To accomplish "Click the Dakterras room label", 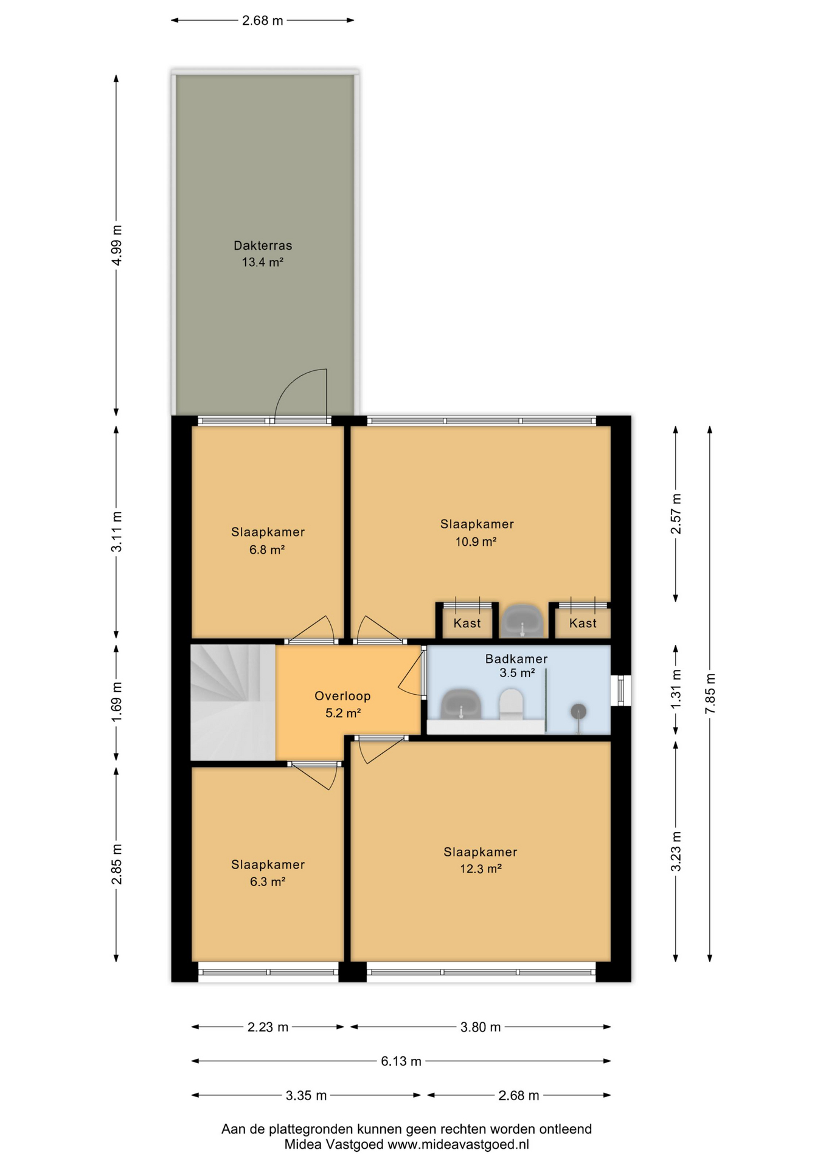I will [x=263, y=246].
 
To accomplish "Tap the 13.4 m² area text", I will [x=263, y=263].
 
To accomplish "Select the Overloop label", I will [x=342, y=696].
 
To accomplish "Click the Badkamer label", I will [x=516, y=658].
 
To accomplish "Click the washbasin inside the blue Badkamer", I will [x=461, y=705].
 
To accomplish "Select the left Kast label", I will [x=467, y=623].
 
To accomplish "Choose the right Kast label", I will [x=583, y=623].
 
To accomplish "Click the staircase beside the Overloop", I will [x=232, y=702].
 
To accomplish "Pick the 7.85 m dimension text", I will [x=710, y=694].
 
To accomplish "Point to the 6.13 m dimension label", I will [x=401, y=1061].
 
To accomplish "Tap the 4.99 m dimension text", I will [x=117, y=245].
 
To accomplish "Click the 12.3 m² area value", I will [x=481, y=869].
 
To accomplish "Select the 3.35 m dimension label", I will [x=306, y=1095].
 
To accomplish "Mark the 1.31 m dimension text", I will [x=676, y=689].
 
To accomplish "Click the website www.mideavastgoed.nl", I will [x=458, y=1145].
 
